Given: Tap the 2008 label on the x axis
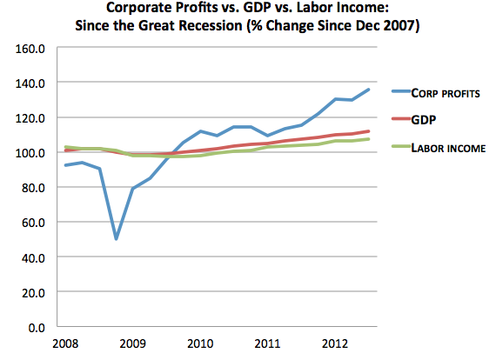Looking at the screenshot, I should coord(66,343).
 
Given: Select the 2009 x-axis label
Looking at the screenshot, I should coord(132,343).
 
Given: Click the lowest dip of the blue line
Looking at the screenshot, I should coord(116,238).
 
